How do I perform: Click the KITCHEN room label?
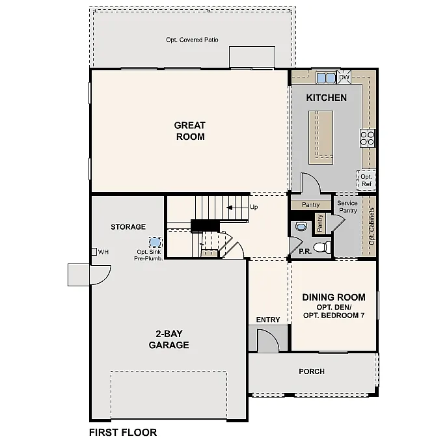[x=326, y=98]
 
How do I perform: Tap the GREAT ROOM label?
[x=189, y=131]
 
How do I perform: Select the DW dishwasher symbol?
[x=345, y=77]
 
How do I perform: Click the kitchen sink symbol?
[x=325, y=78]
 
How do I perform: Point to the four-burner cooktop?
[x=368, y=137]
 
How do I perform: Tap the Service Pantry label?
[x=347, y=207]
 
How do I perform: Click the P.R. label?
[x=304, y=251]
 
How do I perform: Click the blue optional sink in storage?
[x=154, y=242]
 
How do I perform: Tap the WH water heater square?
[x=94, y=252]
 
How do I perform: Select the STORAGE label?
[x=128, y=227]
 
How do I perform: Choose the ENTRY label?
[x=268, y=319]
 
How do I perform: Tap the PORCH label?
[x=312, y=372]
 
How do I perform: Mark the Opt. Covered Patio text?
[x=192, y=40]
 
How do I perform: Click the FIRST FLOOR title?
[x=123, y=432]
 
